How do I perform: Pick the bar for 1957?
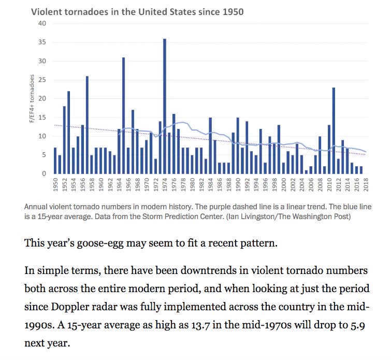[87, 125]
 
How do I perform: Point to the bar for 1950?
[55, 161]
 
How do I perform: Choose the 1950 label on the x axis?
[55, 185]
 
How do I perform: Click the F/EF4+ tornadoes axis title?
[32, 98]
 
